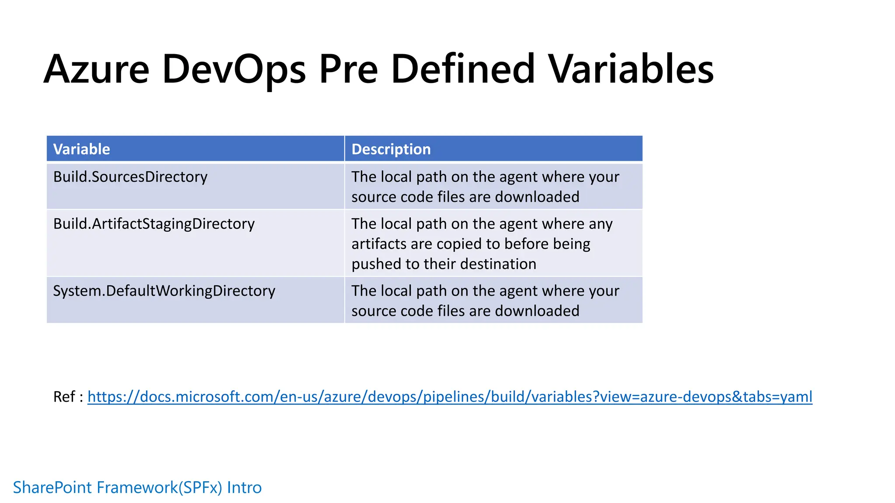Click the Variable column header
click(82, 149)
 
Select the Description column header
click(391, 149)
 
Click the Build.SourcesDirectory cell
click(130, 177)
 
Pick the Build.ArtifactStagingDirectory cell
click(154, 224)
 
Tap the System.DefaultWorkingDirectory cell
click(164, 291)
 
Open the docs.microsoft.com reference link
click(450, 396)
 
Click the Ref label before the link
click(64, 396)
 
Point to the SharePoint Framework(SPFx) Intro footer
click(137, 487)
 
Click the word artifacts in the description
click(379, 244)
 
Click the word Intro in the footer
click(244, 487)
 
